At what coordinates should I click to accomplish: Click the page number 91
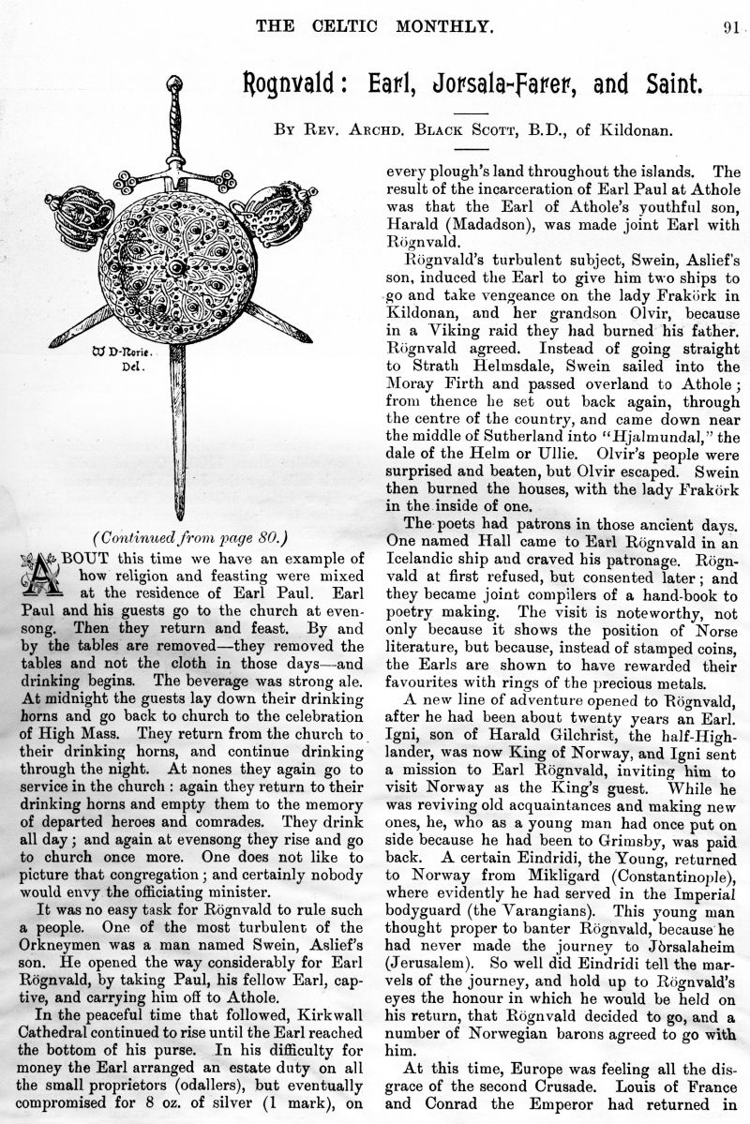733,26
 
